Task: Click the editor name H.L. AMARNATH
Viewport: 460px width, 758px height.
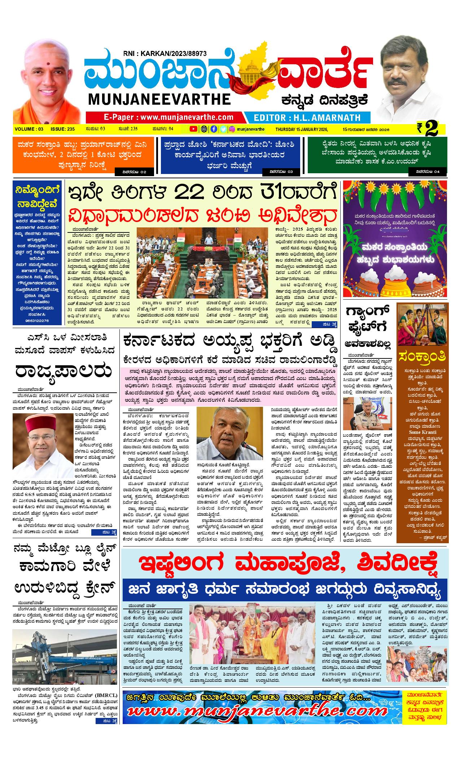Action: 307,117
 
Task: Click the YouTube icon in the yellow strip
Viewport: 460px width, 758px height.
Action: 194,129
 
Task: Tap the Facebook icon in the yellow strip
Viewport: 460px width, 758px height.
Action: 214,129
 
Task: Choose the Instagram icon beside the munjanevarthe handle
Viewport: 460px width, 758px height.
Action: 233,129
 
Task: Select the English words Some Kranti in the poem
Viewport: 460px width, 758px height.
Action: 422,432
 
